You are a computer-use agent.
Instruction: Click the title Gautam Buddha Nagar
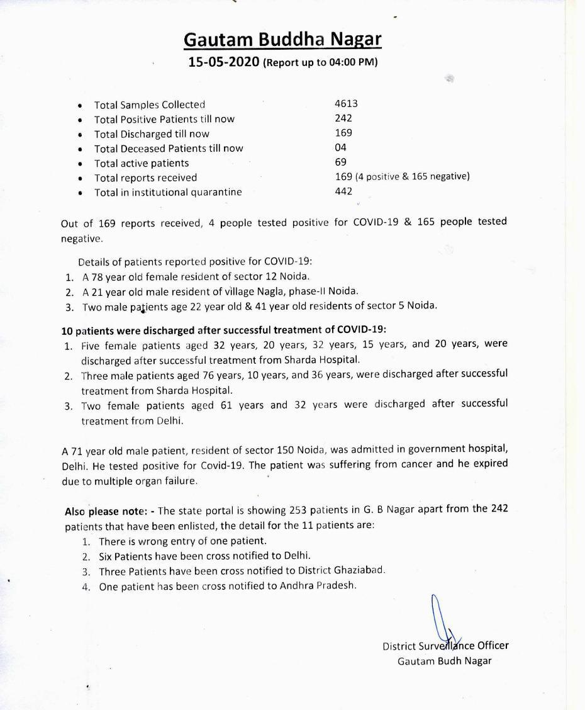coord(282,40)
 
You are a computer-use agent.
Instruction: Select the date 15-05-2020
coord(225,62)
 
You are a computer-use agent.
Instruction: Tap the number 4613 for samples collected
coord(346,104)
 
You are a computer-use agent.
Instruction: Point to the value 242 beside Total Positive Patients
coord(343,118)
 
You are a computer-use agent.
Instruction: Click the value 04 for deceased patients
coord(340,147)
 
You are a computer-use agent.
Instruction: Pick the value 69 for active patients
coord(340,162)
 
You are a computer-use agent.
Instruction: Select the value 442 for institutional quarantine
coord(343,191)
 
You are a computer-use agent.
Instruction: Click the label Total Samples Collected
coord(150,104)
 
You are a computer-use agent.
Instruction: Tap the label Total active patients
coord(142,163)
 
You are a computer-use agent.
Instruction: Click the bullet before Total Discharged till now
coord(80,134)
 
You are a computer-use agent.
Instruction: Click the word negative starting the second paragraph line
coord(81,239)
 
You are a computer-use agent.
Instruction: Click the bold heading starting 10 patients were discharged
coord(224,329)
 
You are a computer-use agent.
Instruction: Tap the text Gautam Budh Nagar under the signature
coord(444,661)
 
